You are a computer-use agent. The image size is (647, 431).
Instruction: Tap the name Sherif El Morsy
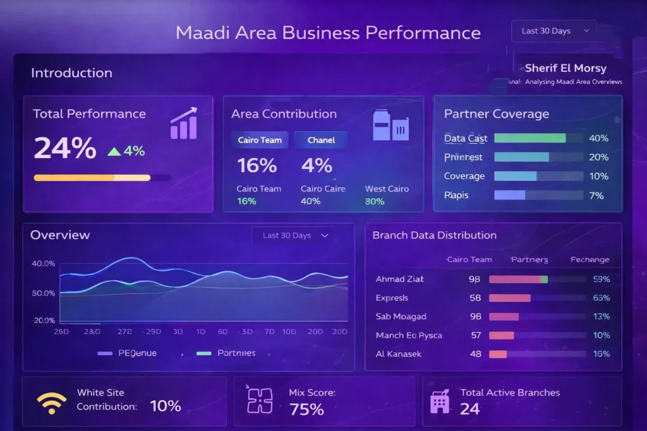tap(565, 68)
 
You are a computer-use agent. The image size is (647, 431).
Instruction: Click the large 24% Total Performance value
tap(65, 148)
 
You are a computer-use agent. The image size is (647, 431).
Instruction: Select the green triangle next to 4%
tap(114, 151)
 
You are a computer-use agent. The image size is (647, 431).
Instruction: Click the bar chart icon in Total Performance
tap(183, 124)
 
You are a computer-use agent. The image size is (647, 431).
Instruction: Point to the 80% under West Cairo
tap(375, 201)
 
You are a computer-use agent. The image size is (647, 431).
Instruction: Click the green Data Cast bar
tap(529, 138)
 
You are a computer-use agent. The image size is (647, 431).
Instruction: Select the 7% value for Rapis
tap(596, 195)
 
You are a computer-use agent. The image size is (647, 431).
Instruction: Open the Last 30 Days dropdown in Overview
tap(293, 235)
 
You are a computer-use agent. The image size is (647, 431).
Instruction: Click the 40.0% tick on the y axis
tap(43, 263)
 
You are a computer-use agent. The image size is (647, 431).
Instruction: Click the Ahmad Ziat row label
tap(399, 279)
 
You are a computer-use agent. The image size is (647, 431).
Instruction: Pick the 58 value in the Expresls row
tap(475, 298)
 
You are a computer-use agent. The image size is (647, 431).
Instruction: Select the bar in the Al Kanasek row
tap(498, 354)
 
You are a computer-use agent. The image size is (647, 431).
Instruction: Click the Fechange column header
tap(590, 259)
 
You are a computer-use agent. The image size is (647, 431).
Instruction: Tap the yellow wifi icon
tap(51, 401)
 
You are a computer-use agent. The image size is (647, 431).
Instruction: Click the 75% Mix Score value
tap(306, 410)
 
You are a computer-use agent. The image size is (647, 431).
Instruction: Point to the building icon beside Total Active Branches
tap(439, 401)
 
